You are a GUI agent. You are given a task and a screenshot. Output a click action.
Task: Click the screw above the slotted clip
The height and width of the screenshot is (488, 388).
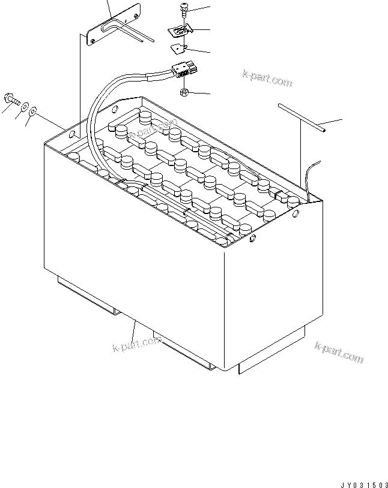184,10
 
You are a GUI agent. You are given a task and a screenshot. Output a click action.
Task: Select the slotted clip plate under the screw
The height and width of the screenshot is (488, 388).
180,31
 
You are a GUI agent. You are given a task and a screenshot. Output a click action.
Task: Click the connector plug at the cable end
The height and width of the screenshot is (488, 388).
185,70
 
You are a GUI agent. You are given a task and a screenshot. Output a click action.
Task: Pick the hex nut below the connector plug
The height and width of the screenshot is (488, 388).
184,92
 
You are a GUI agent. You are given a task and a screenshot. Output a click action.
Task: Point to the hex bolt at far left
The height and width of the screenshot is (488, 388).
12,99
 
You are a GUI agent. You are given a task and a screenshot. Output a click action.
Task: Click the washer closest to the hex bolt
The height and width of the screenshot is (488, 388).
25,107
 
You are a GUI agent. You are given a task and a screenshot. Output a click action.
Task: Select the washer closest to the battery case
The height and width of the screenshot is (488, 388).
32,111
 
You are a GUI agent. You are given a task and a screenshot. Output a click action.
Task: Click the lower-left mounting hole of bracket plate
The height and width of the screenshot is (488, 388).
92,40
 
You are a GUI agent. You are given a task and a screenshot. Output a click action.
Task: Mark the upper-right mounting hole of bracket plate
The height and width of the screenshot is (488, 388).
136,17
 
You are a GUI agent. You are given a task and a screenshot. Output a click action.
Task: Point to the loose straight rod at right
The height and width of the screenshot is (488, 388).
302,118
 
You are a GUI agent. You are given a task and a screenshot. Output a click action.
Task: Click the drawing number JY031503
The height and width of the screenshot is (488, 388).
364,484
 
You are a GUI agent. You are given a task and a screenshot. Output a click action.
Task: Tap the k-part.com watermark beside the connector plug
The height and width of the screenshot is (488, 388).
267,78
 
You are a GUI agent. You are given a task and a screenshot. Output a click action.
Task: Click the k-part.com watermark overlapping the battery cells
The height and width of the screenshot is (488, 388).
153,128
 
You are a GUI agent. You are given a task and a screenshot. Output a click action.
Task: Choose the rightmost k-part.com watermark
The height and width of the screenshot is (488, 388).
339,353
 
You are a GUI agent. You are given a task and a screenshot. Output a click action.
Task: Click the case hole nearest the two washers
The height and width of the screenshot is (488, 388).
71,134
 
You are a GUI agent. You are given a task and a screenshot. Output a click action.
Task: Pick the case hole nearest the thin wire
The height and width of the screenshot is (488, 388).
296,213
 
